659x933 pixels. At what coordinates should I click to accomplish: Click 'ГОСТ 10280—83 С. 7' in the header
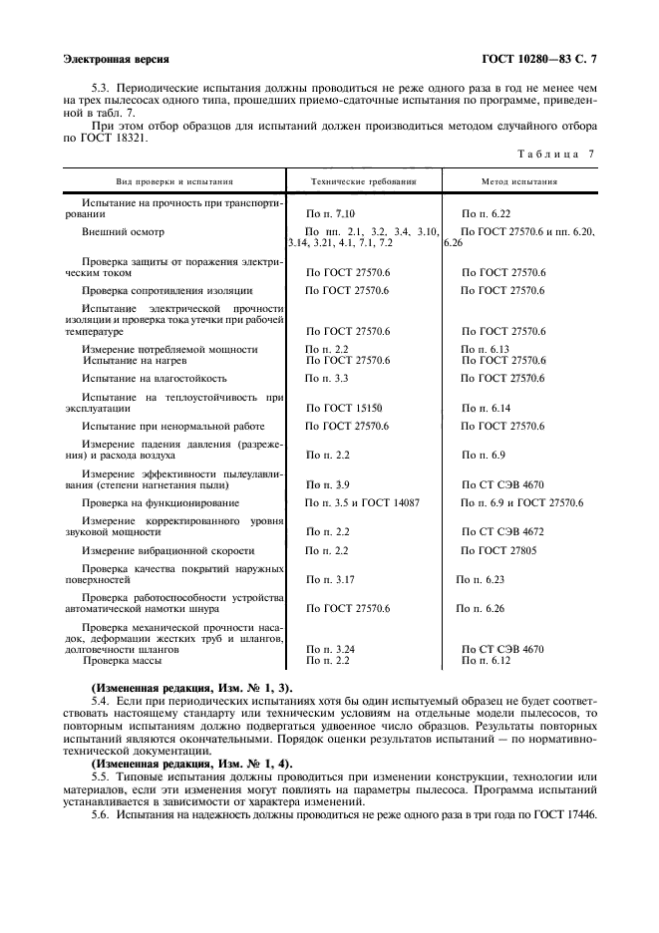[545, 60]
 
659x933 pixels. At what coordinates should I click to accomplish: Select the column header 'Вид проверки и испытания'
[174, 182]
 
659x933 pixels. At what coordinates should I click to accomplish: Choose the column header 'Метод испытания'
[519, 182]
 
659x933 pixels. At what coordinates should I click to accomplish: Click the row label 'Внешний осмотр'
[123, 231]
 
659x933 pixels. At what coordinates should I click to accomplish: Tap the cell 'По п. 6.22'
[487, 214]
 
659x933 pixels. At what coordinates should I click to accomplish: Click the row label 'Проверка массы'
[123, 660]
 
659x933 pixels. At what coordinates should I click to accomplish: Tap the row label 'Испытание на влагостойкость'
[155, 379]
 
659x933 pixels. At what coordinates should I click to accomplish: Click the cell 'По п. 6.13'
[486, 349]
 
